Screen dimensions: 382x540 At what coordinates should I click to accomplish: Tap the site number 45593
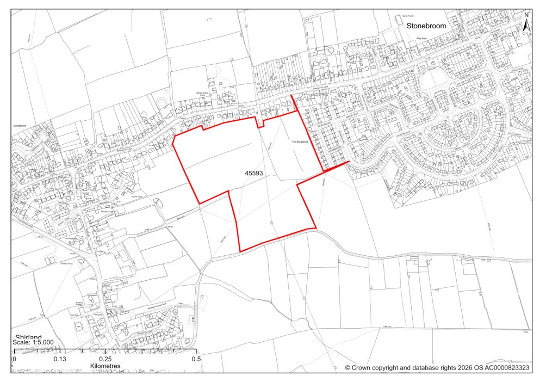click(253, 172)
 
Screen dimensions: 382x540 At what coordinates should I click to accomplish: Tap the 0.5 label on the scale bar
click(196, 359)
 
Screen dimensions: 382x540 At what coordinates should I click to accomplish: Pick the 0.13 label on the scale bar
click(59, 359)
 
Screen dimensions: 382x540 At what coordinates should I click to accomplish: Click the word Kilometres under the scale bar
click(105, 366)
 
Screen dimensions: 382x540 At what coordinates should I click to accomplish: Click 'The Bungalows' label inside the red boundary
click(300, 141)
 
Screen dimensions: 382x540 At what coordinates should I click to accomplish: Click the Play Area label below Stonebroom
click(423, 39)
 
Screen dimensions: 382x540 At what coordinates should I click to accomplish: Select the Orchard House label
click(136, 197)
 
